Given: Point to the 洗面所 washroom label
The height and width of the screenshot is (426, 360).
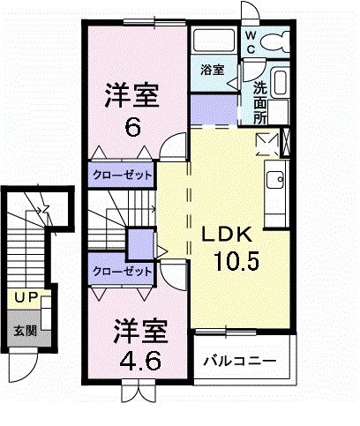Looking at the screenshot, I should coord(261,101).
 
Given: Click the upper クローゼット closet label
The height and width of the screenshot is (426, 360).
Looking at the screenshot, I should coord(121,175).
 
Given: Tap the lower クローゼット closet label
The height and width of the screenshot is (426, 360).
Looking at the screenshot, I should coord(121,272).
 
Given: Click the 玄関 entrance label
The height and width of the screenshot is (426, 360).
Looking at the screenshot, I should coord(24,332).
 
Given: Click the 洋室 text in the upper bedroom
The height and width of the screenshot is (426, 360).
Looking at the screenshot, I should coord(132,93).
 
